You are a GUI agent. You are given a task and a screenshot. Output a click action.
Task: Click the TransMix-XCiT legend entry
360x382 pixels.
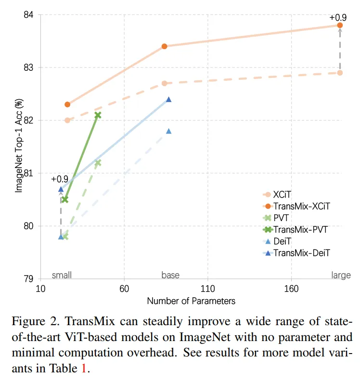[x=301, y=206]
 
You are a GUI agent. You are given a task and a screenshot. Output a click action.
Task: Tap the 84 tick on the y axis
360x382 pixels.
[x=29, y=14]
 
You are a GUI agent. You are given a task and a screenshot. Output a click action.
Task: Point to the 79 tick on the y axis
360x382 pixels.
[x=29, y=279]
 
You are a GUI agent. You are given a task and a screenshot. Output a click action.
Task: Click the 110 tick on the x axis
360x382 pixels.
[x=207, y=289]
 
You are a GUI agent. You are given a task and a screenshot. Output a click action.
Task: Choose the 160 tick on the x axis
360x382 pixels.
[x=291, y=289]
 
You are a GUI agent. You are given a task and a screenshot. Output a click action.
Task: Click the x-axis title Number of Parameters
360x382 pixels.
[x=191, y=301]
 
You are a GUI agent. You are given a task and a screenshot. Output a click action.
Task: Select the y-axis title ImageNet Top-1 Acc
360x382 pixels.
[x=19, y=146]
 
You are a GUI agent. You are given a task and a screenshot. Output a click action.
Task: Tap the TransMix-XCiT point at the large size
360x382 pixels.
[x=340, y=25]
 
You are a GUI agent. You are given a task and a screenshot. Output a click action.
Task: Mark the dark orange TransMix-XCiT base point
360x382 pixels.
[x=164, y=46]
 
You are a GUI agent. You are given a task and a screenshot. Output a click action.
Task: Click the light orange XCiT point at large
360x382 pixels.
[x=340, y=73]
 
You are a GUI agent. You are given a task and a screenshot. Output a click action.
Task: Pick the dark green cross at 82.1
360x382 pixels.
[x=98, y=115]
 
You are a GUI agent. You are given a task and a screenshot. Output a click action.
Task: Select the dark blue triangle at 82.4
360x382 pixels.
[x=169, y=99]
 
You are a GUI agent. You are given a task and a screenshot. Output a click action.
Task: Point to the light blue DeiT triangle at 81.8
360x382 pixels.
[x=169, y=131]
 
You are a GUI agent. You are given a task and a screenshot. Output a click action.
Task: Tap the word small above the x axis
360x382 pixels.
[x=62, y=275]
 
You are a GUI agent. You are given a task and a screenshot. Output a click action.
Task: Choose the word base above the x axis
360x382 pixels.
[x=170, y=275]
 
